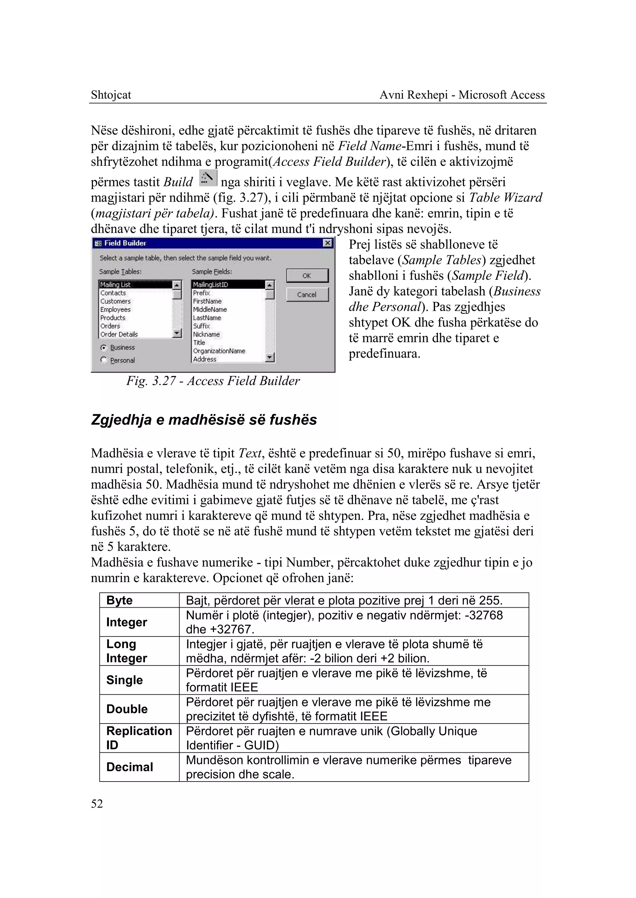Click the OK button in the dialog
pos(307,276)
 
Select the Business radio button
pos(104,347)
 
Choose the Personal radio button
pos(104,360)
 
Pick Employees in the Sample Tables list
pos(115,309)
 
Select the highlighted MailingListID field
pos(210,285)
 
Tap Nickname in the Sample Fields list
pos(206,334)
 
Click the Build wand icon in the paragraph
pos(208,179)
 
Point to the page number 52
pos(97,804)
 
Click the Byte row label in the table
pos(120,600)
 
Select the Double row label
pos(127,709)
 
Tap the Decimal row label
pos(129,767)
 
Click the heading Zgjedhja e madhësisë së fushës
pos(204,420)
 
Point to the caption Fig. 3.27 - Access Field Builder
pos(213,381)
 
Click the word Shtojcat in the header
pos(111,95)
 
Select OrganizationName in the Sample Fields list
pos(219,351)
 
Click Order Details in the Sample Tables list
pos(119,334)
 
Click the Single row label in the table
pos(124,680)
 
